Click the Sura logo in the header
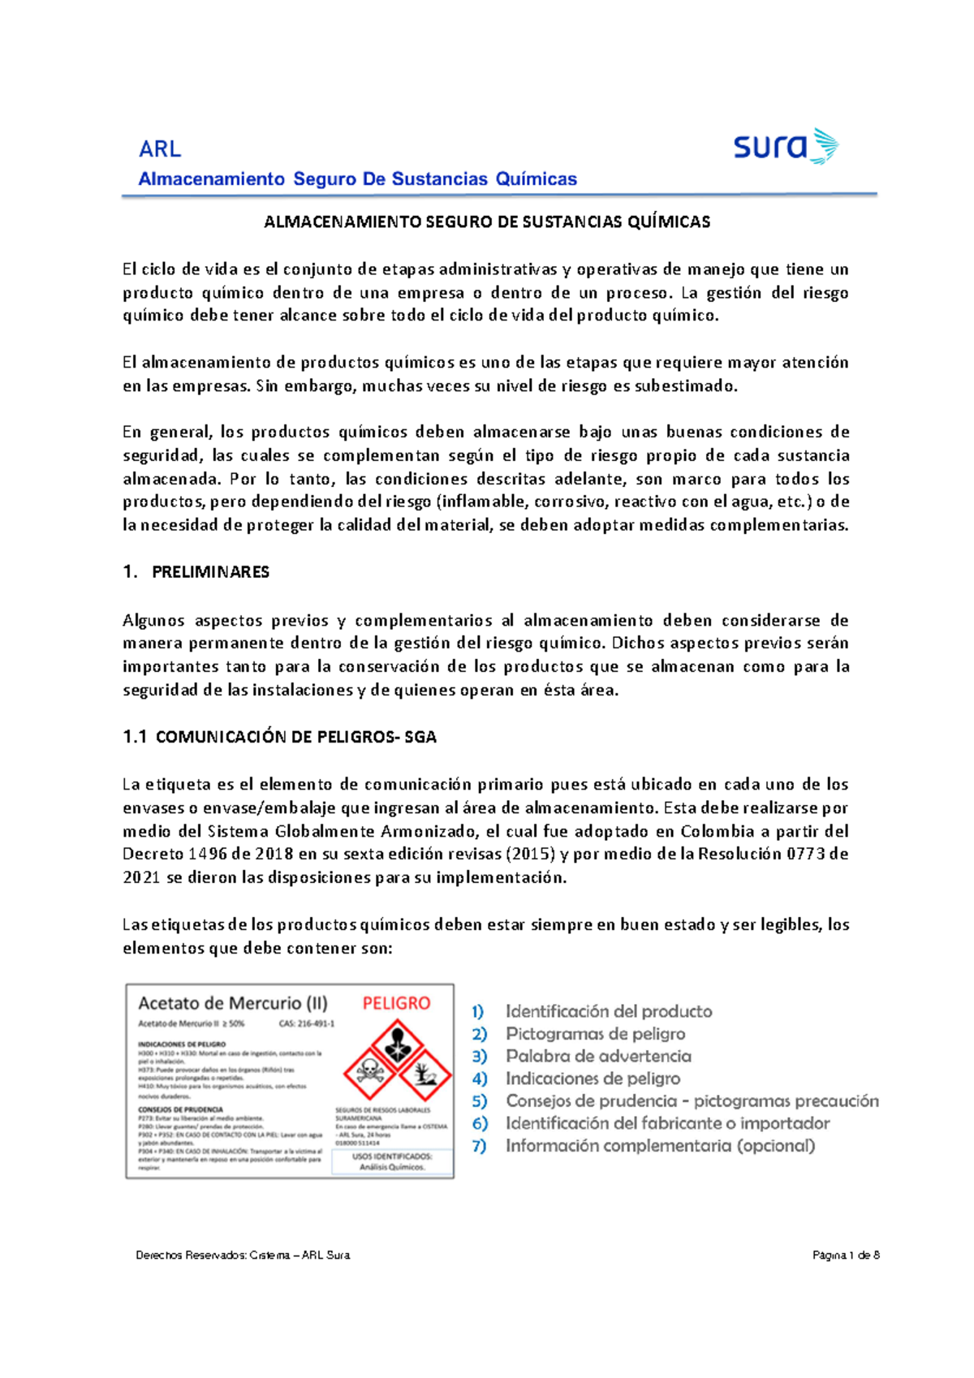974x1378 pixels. coord(785,147)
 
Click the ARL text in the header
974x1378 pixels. coord(159,149)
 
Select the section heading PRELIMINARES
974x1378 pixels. coord(210,572)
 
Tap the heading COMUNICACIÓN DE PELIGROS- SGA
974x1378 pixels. coord(296,737)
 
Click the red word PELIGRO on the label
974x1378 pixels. coord(396,1003)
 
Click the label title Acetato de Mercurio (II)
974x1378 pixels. coord(233,1003)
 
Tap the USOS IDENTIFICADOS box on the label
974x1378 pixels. coord(392,1161)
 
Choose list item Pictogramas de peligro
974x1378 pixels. coord(595,1034)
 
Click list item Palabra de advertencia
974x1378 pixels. coord(598,1056)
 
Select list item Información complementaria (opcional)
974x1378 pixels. coord(660,1146)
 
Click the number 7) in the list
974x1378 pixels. coord(479,1146)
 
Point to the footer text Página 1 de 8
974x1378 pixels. coord(846,1255)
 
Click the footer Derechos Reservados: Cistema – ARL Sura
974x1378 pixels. coord(243,1255)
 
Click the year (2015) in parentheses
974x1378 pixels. coord(530,854)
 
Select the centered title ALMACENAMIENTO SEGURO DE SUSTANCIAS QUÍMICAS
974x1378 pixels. coord(487,222)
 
